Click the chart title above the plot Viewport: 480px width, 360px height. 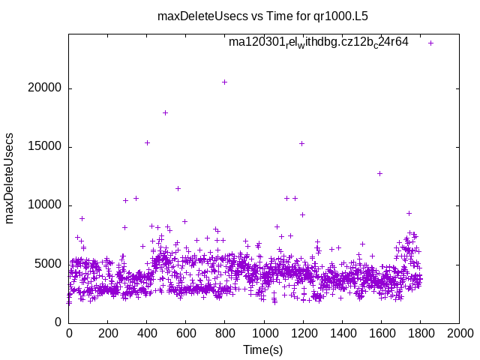[x=262, y=15]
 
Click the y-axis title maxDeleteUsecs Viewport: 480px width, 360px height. [x=10, y=178]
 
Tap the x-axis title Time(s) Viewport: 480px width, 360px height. [x=263, y=350]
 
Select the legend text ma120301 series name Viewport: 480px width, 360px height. [x=319, y=43]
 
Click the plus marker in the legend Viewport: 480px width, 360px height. [x=431, y=43]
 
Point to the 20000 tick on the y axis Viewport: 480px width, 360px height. [x=46, y=88]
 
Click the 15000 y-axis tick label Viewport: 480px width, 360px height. [x=46, y=147]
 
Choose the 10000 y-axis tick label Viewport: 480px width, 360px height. [x=46, y=205]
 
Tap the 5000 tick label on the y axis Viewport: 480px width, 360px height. [x=49, y=264]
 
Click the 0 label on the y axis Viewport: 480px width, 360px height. [x=58, y=322]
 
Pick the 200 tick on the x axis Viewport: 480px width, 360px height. [x=108, y=334]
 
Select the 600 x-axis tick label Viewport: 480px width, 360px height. [x=186, y=334]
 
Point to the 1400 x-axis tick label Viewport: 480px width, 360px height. [x=342, y=334]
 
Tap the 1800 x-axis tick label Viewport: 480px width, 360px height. [x=420, y=334]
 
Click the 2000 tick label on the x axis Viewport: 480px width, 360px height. [x=459, y=334]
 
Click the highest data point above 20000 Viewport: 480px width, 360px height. [x=224, y=82]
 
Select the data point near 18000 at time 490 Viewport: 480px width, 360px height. [x=165, y=112]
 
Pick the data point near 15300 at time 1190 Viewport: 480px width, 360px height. [x=301, y=143]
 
